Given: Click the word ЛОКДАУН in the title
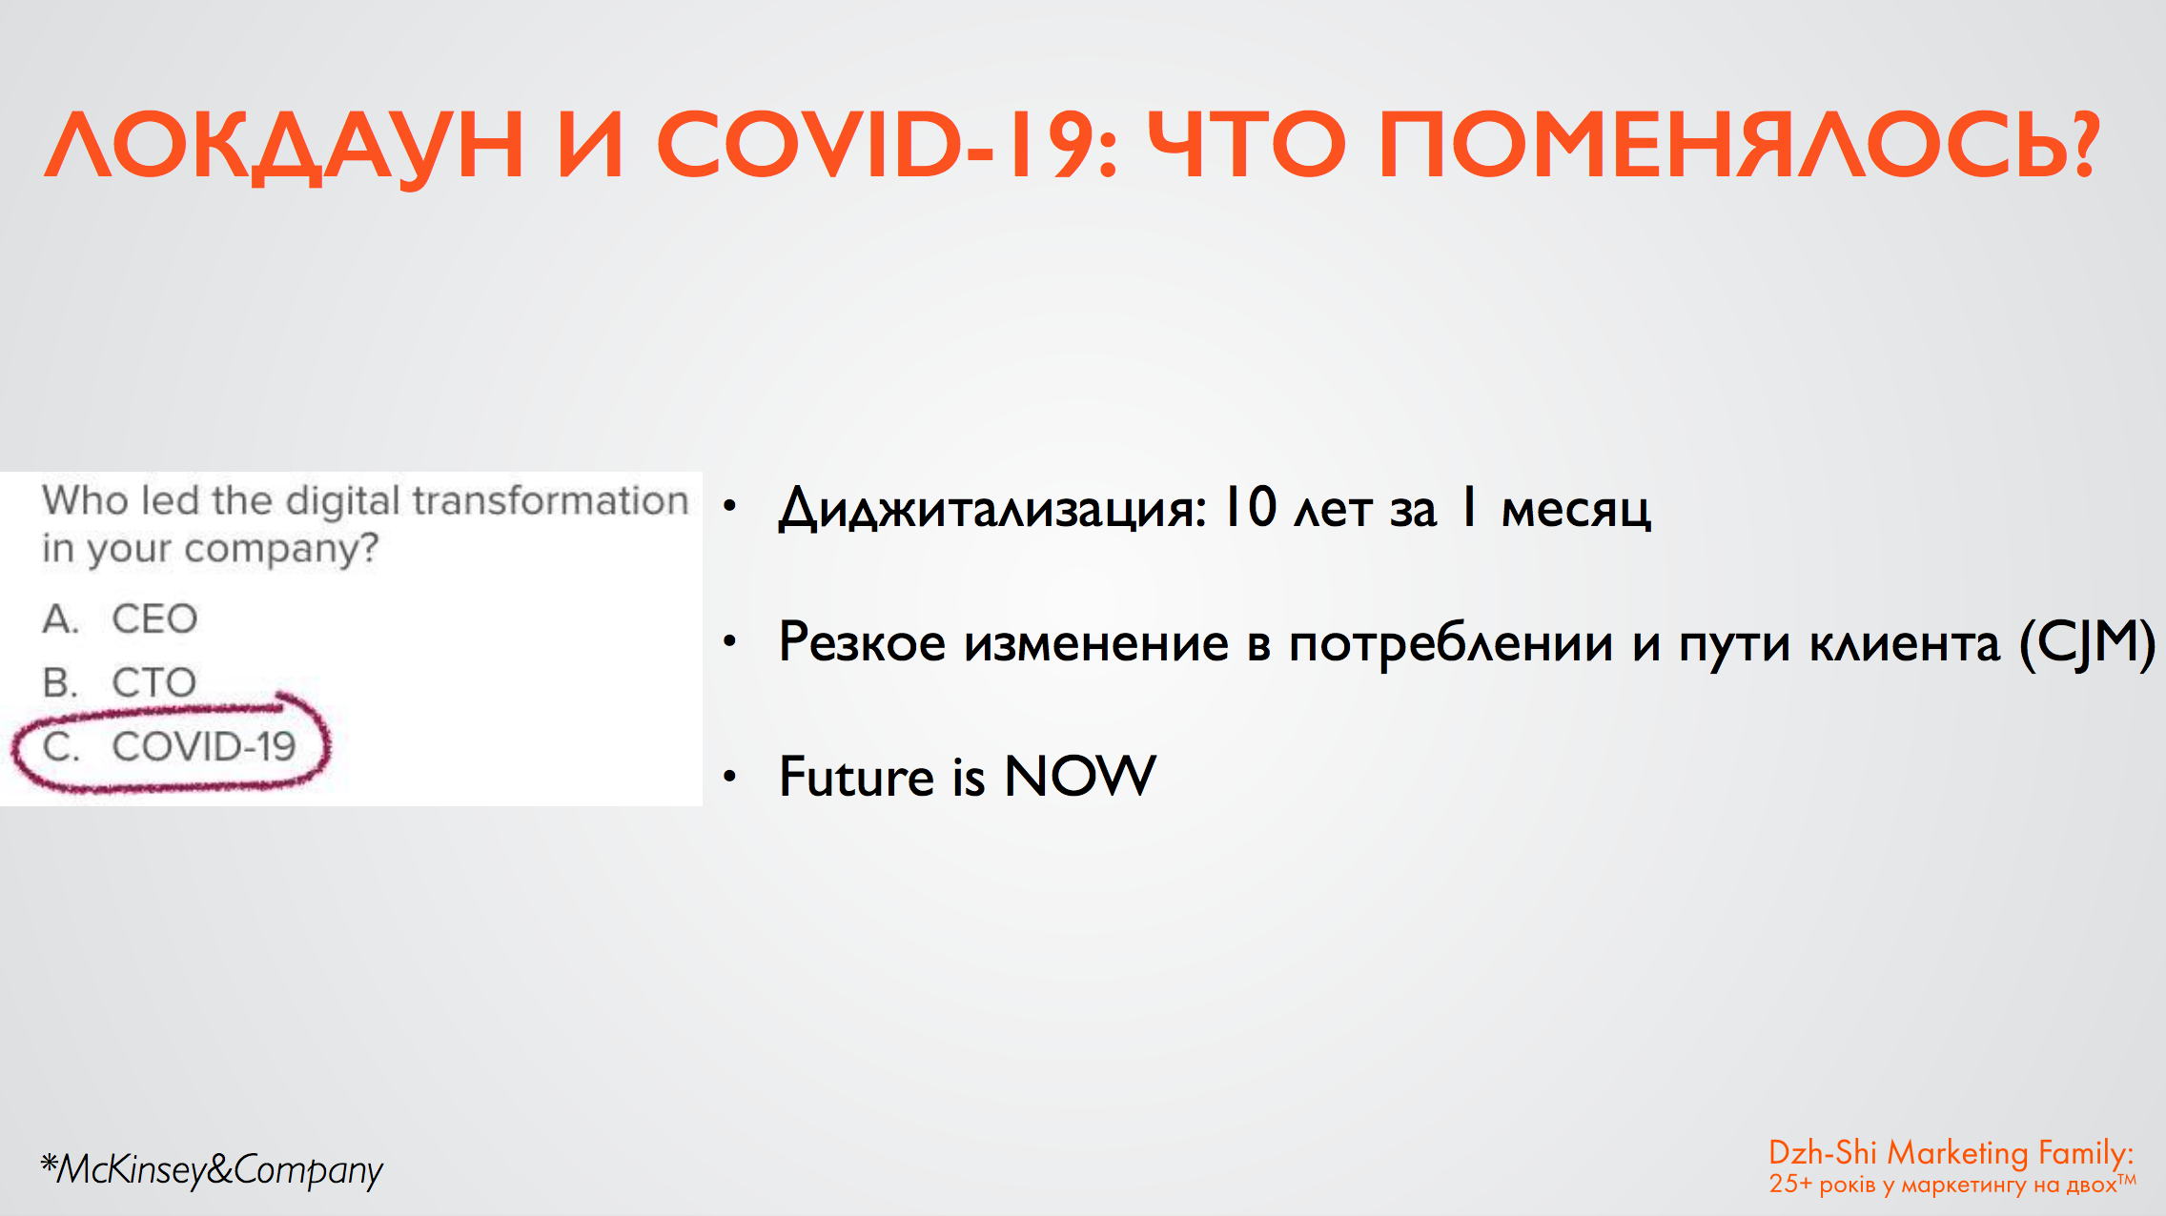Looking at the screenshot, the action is coord(284,145).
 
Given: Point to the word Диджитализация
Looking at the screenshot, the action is coord(992,510).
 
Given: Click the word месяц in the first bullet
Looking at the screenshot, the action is coord(1576,511).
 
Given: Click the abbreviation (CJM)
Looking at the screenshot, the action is coord(2087,643).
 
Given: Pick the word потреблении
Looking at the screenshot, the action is coord(1450,643).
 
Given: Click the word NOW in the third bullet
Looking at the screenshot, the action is coord(1080,776).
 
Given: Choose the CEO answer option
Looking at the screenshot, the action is coord(120,619).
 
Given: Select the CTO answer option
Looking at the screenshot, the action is coord(119,682).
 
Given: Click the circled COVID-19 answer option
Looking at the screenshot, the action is coord(170,746).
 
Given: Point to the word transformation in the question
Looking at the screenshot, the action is coord(550,500).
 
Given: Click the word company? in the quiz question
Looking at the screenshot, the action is coord(281,550).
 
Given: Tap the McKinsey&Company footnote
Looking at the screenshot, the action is coord(212,1169).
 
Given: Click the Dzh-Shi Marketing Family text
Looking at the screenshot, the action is coord(1951,1153).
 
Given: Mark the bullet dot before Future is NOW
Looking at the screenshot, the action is coord(730,776).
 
